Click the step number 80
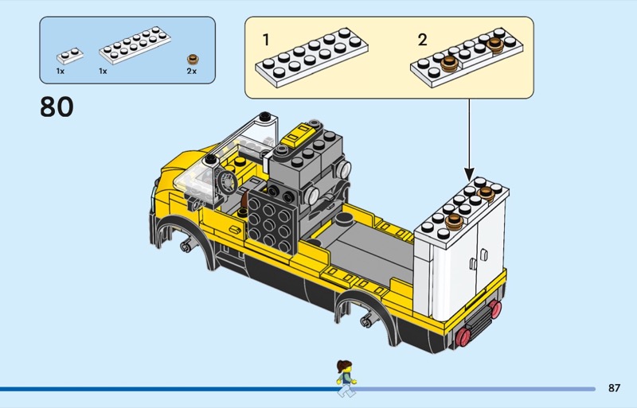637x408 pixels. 57,107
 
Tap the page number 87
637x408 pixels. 613,388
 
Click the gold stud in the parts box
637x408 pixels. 191,59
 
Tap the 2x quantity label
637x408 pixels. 191,71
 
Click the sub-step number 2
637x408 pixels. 422,39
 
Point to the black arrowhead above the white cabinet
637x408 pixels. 469,173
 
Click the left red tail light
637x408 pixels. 463,337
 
